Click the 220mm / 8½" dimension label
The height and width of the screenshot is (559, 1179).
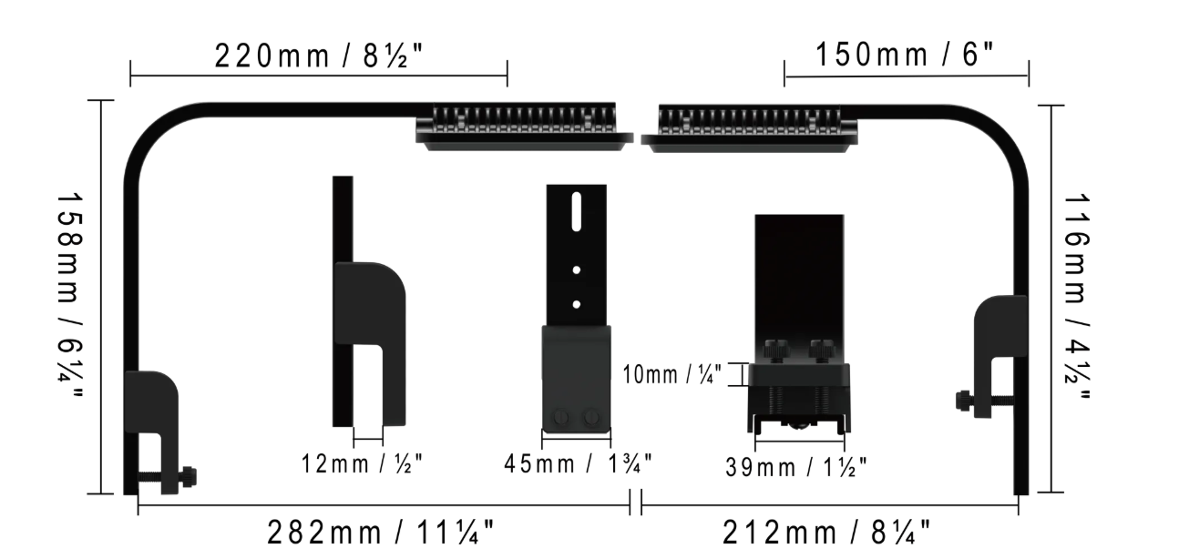319,56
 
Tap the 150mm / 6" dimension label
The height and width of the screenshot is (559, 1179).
905,54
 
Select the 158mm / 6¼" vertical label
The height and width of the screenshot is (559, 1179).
70,297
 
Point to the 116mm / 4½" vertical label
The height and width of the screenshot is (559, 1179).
1077,297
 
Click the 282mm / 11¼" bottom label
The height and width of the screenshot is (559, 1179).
381,533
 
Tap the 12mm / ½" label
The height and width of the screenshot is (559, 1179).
362,463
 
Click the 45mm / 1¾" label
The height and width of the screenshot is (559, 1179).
579,463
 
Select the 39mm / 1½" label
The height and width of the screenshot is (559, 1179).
796,467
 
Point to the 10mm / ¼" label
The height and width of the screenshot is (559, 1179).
672,374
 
